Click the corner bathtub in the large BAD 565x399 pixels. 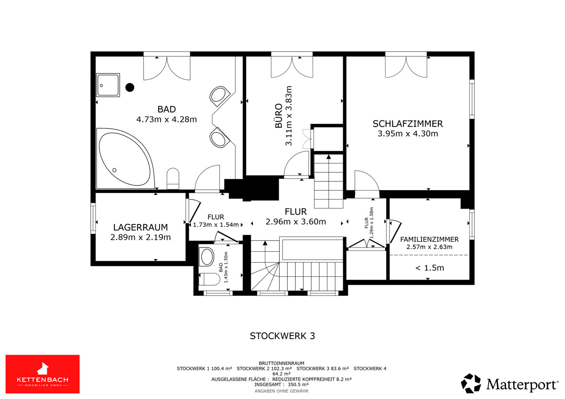[125, 158]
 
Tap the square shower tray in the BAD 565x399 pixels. [108, 85]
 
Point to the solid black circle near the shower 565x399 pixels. [130, 88]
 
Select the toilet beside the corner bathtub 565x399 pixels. [173, 178]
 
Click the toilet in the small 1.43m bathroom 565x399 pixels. [209, 279]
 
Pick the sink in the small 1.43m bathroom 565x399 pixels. [206, 256]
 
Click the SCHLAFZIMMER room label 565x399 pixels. [408, 124]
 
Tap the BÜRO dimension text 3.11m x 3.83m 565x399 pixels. [289, 116]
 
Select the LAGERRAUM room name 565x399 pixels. [140, 227]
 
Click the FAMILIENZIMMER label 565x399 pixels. [429, 239]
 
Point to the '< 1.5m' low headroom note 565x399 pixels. [429, 268]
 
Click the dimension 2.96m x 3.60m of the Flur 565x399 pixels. [296, 222]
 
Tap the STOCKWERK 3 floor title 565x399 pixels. [282, 336]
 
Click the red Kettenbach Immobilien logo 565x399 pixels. [43, 374]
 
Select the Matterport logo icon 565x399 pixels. [471, 383]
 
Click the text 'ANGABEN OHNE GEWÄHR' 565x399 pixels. [282, 391]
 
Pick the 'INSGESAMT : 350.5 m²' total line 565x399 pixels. [282, 384]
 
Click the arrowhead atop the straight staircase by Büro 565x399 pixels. [329, 157]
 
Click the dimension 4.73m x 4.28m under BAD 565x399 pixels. [167, 119]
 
